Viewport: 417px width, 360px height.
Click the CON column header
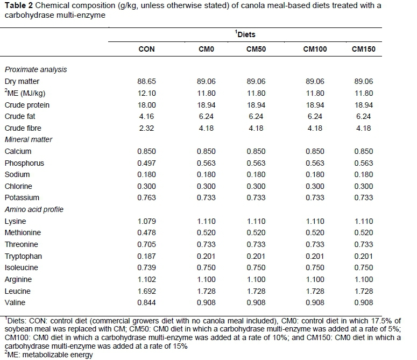(x=146, y=49)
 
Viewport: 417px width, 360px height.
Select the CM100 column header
(x=315, y=49)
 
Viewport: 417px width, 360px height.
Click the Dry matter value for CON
(x=146, y=82)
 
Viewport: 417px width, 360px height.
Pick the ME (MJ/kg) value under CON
(x=146, y=93)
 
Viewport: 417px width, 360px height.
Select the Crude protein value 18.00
(x=146, y=105)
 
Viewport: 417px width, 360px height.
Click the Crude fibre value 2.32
(x=146, y=128)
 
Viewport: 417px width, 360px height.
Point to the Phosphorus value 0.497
(x=146, y=163)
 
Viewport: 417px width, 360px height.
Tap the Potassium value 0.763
(x=146, y=198)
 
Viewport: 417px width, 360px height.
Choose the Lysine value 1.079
(x=146, y=221)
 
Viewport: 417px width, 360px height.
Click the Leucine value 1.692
(x=146, y=291)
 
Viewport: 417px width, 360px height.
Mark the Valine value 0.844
(x=146, y=302)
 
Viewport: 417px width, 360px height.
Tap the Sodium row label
(x=17, y=174)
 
